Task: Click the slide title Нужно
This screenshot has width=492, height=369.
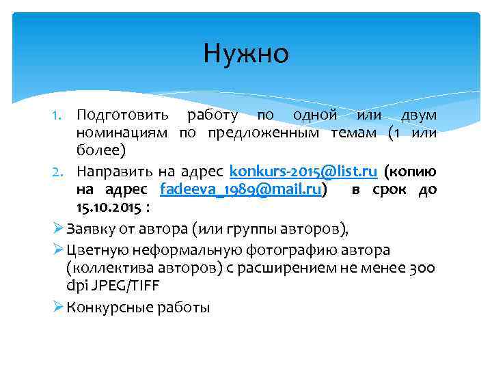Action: point(246,53)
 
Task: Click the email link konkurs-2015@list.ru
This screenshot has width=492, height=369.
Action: point(303,170)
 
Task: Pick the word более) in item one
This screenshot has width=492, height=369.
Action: point(98,150)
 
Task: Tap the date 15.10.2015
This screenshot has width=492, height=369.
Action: point(109,207)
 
